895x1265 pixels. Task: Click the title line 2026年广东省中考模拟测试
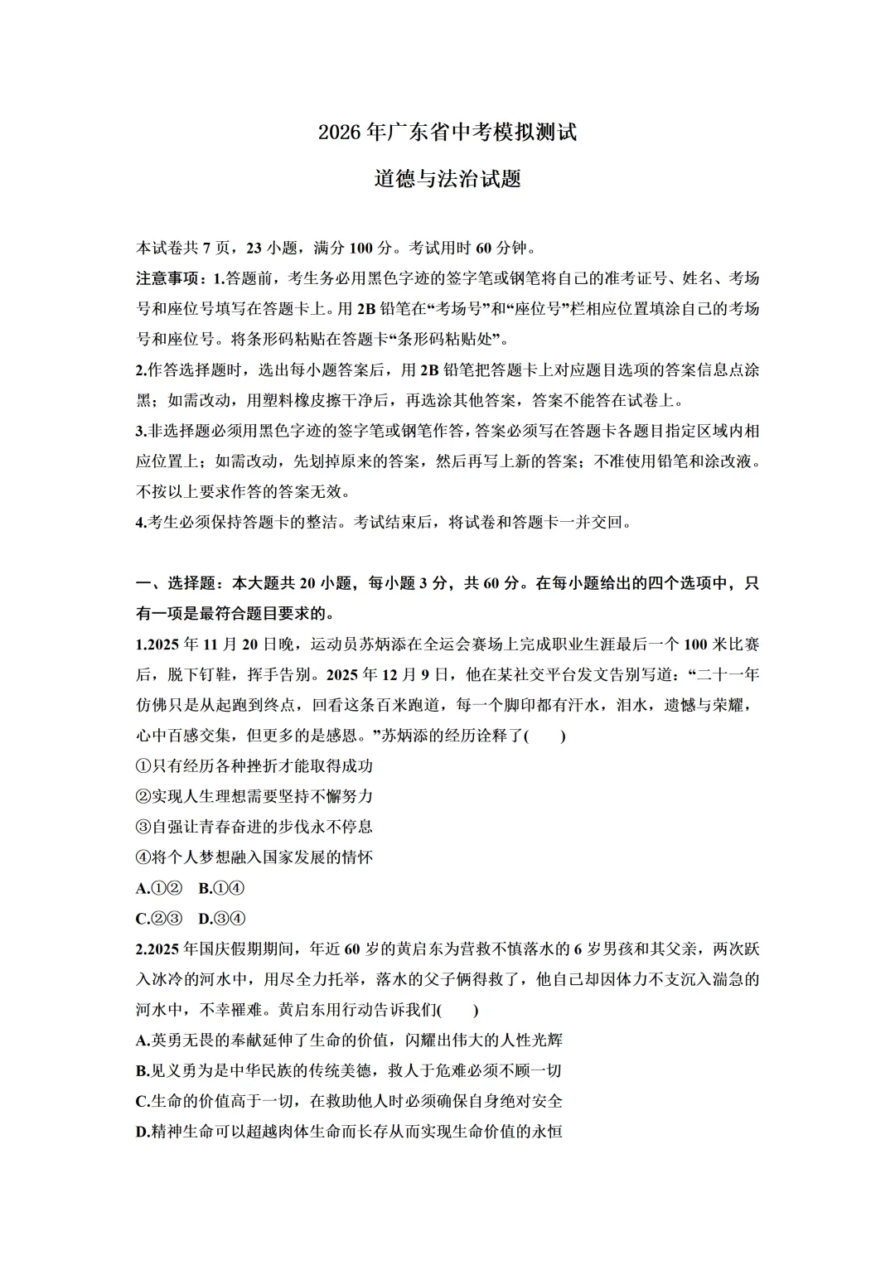pos(447,133)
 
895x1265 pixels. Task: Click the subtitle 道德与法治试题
pos(447,178)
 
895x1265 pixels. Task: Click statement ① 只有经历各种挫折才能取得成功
pos(254,766)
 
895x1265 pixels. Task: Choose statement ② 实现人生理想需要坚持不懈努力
pos(254,796)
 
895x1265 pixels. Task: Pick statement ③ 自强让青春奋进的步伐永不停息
pos(254,827)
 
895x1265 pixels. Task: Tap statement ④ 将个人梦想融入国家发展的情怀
pos(254,857)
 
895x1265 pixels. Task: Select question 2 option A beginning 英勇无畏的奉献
pos(349,1040)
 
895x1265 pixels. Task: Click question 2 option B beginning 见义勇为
pos(349,1071)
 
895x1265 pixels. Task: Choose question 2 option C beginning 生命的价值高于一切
pos(349,1102)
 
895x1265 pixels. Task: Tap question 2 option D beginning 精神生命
pos(349,1132)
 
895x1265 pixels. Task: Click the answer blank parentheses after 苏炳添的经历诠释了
pos(546,736)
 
